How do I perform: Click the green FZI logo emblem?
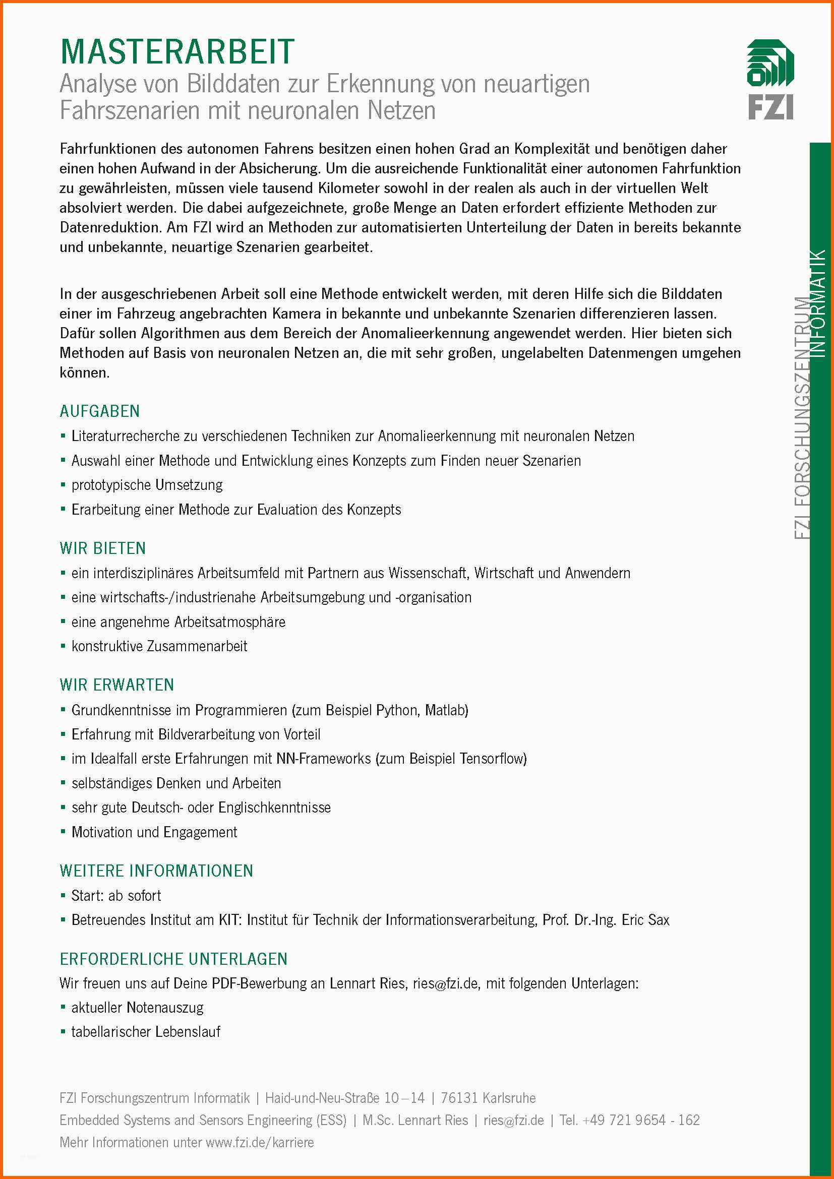(770, 63)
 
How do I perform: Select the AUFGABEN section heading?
(100, 411)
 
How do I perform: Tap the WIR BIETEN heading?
(103, 548)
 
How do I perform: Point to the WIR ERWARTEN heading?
(116, 685)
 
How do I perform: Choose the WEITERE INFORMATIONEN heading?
(156, 871)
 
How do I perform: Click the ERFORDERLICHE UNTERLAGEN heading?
(173, 959)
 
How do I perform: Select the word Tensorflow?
(492, 759)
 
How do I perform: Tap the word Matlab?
(446, 710)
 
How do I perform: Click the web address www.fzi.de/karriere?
(259, 1142)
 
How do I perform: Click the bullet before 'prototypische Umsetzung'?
(63, 485)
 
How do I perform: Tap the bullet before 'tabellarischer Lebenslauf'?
(63, 1032)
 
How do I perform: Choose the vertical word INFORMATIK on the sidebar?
(820, 303)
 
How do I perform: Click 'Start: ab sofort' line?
(116, 896)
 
